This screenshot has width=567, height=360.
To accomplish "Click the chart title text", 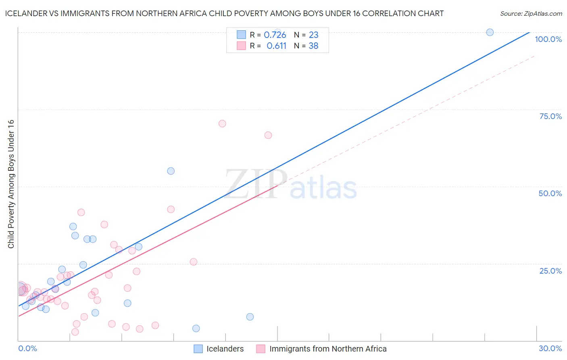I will tap(224, 13).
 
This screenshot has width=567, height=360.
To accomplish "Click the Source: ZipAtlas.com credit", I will tap(531, 13).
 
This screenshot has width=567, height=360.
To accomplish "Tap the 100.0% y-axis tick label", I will tap(548, 39).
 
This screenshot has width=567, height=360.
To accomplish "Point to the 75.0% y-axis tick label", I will tap(550, 116).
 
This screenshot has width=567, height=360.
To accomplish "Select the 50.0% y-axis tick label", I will tap(550, 193).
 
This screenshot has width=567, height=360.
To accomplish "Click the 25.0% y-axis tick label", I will tap(550, 271).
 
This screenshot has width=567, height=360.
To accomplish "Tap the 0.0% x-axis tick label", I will tap(27, 348).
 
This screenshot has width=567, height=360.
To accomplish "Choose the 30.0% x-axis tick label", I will tap(550, 348).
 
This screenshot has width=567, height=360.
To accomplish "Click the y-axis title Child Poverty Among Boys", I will tap(11, 184).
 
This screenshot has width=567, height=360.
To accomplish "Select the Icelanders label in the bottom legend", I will tap(225, 349).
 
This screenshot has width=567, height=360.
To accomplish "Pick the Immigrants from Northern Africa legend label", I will tap(328, 349).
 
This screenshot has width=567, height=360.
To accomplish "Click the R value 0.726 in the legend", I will tap(275, 35).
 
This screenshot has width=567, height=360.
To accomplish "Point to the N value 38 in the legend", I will tap(313, 46).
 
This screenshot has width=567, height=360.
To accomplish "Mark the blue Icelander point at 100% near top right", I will tap(490, 32).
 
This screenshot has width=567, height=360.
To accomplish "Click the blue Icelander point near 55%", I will tap(171, 171).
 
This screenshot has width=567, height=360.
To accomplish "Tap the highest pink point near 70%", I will tap(222, 124).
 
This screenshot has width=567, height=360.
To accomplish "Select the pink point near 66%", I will tap(268, 135).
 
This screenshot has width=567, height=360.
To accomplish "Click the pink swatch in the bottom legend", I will tap(261, 349).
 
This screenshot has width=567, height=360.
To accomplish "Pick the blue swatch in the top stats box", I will tap(241, 35).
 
